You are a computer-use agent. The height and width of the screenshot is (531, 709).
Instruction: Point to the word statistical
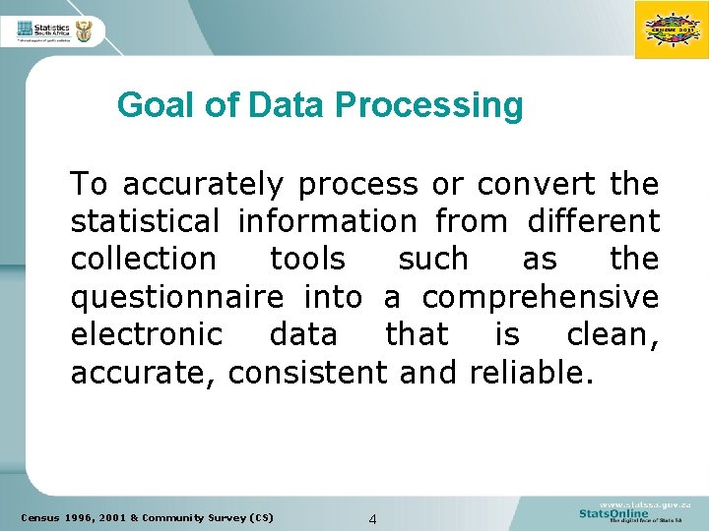click(x=145, y=221)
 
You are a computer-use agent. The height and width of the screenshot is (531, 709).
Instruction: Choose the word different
click(x=593, y=221)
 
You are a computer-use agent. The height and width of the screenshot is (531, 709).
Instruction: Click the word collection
click(x=143, y=259)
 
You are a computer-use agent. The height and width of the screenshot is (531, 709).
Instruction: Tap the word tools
click(x=307, y=259)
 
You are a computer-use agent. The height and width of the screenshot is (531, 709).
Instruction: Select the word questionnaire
click(x=177, y=296)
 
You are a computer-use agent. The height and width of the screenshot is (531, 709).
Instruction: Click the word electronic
click(x=147, y=333)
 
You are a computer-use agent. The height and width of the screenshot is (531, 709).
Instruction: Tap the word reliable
click(x=532, y=372)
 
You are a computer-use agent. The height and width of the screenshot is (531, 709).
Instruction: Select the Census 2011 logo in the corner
click(x=670, y=29)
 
